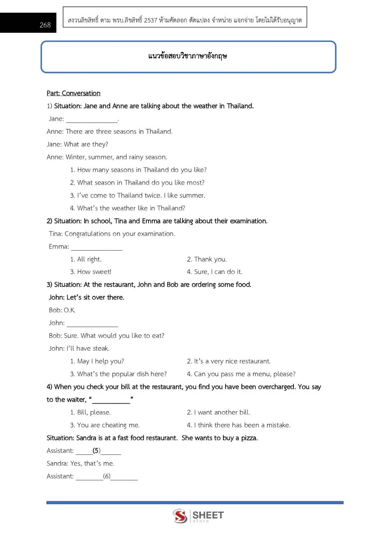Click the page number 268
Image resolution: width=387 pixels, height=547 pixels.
click(x=45, y=25)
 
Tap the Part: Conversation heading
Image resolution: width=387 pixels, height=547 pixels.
click(x=73, y=93)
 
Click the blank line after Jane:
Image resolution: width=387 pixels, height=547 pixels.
click(x=92, y=119)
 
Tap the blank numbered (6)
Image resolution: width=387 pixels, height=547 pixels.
click(x=107, y=477)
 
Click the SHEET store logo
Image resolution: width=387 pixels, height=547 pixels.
click(x=198, y=516)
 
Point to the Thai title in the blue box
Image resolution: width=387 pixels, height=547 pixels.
click(x=188, y=56)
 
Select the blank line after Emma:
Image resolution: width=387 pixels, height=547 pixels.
click(x=97, y=247)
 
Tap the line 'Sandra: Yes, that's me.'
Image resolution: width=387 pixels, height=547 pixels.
click(x=80, y=464)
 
